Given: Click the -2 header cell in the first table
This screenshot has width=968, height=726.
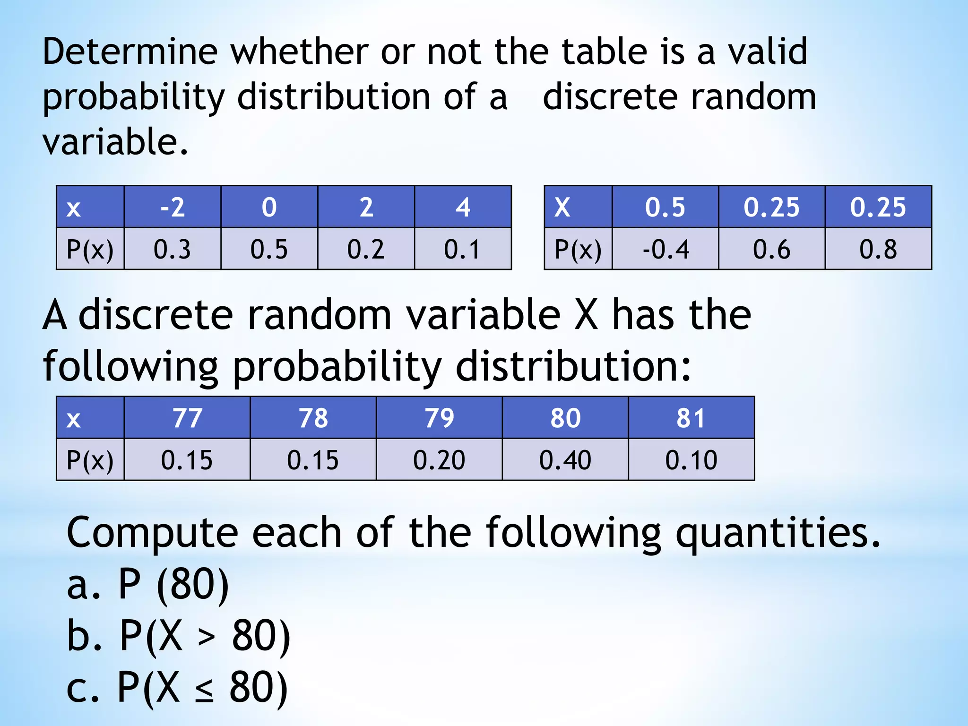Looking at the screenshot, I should point(173,207).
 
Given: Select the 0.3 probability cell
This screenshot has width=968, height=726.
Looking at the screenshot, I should point(173,249).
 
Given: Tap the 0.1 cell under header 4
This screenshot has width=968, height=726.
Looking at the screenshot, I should point(462,249).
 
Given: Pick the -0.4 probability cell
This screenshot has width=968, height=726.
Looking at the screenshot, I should point(665,249).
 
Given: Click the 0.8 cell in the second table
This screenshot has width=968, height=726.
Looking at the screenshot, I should point(878,249).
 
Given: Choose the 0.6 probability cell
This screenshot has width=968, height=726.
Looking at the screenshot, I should point(771,249).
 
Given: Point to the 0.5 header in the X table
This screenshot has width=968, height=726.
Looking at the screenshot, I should point(665,207).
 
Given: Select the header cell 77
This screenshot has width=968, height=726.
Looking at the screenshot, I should point(187,418).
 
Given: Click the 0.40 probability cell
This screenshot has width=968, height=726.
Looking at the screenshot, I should point(565,460).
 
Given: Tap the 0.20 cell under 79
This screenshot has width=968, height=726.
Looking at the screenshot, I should point(439,460).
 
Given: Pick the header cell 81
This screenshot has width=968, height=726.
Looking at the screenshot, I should point(691,418).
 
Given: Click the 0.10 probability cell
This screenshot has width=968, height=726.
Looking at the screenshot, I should point(691,460).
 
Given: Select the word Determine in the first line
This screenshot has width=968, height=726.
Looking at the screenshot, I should point(130,52).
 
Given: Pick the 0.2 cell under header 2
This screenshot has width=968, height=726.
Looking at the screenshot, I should point(366,249).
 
